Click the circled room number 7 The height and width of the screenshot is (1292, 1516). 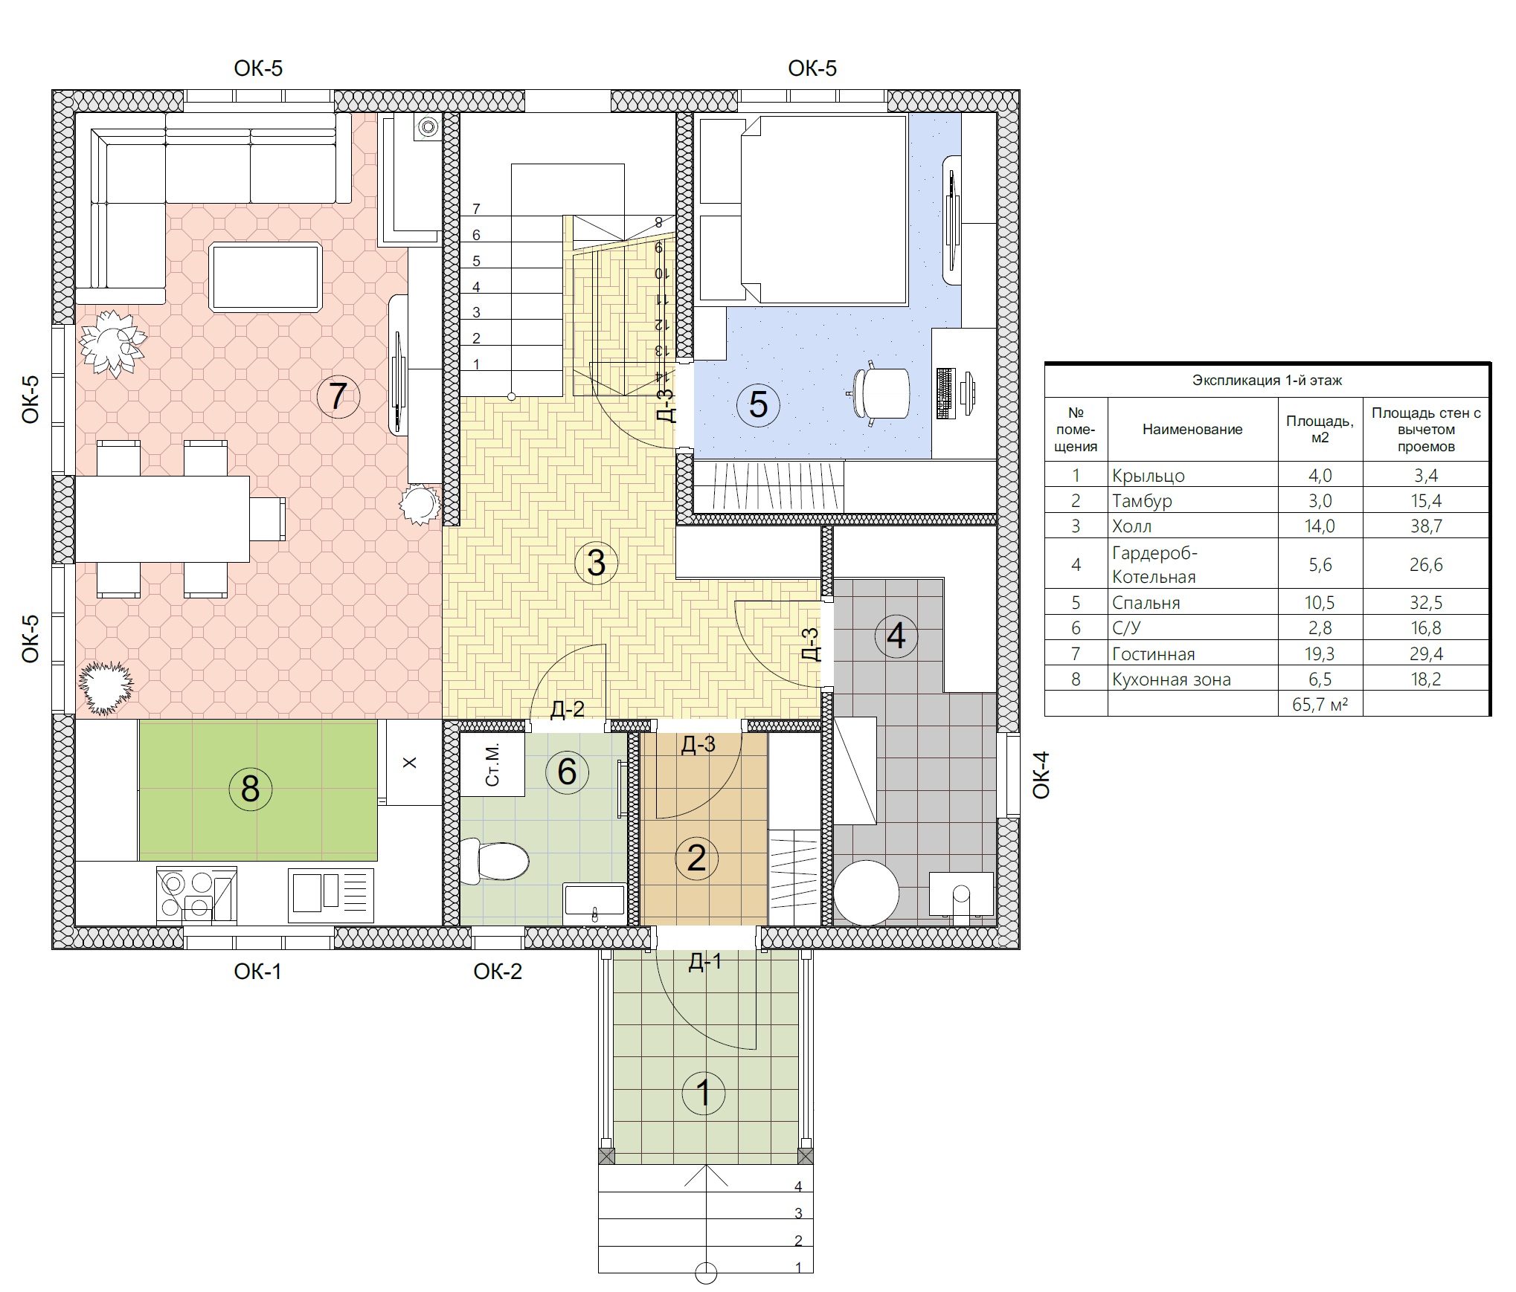[338, 395]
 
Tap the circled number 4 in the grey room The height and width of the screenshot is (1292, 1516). [896, 636]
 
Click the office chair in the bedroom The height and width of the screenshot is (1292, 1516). [881, 393]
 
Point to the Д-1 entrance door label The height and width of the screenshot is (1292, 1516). [704, 962]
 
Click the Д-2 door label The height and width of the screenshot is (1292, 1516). [568, 709]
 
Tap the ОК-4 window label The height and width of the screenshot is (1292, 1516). [1041, 775]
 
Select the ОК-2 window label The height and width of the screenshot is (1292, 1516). [498, 971]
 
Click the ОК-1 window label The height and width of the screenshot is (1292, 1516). [257, 971]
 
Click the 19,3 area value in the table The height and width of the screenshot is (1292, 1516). [1320, 653]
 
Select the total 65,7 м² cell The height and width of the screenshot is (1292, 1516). [1320, 704]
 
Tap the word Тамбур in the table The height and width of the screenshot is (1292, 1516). [1142, 501]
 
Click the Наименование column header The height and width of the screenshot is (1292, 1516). [1192, 429]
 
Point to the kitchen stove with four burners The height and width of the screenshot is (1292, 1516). [196, 894]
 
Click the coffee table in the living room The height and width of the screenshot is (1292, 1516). [266, 277]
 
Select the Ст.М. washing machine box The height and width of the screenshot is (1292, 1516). [492, 765]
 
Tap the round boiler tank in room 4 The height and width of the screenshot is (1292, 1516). [866, 893]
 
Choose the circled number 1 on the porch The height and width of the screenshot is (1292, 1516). [704, 1093]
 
